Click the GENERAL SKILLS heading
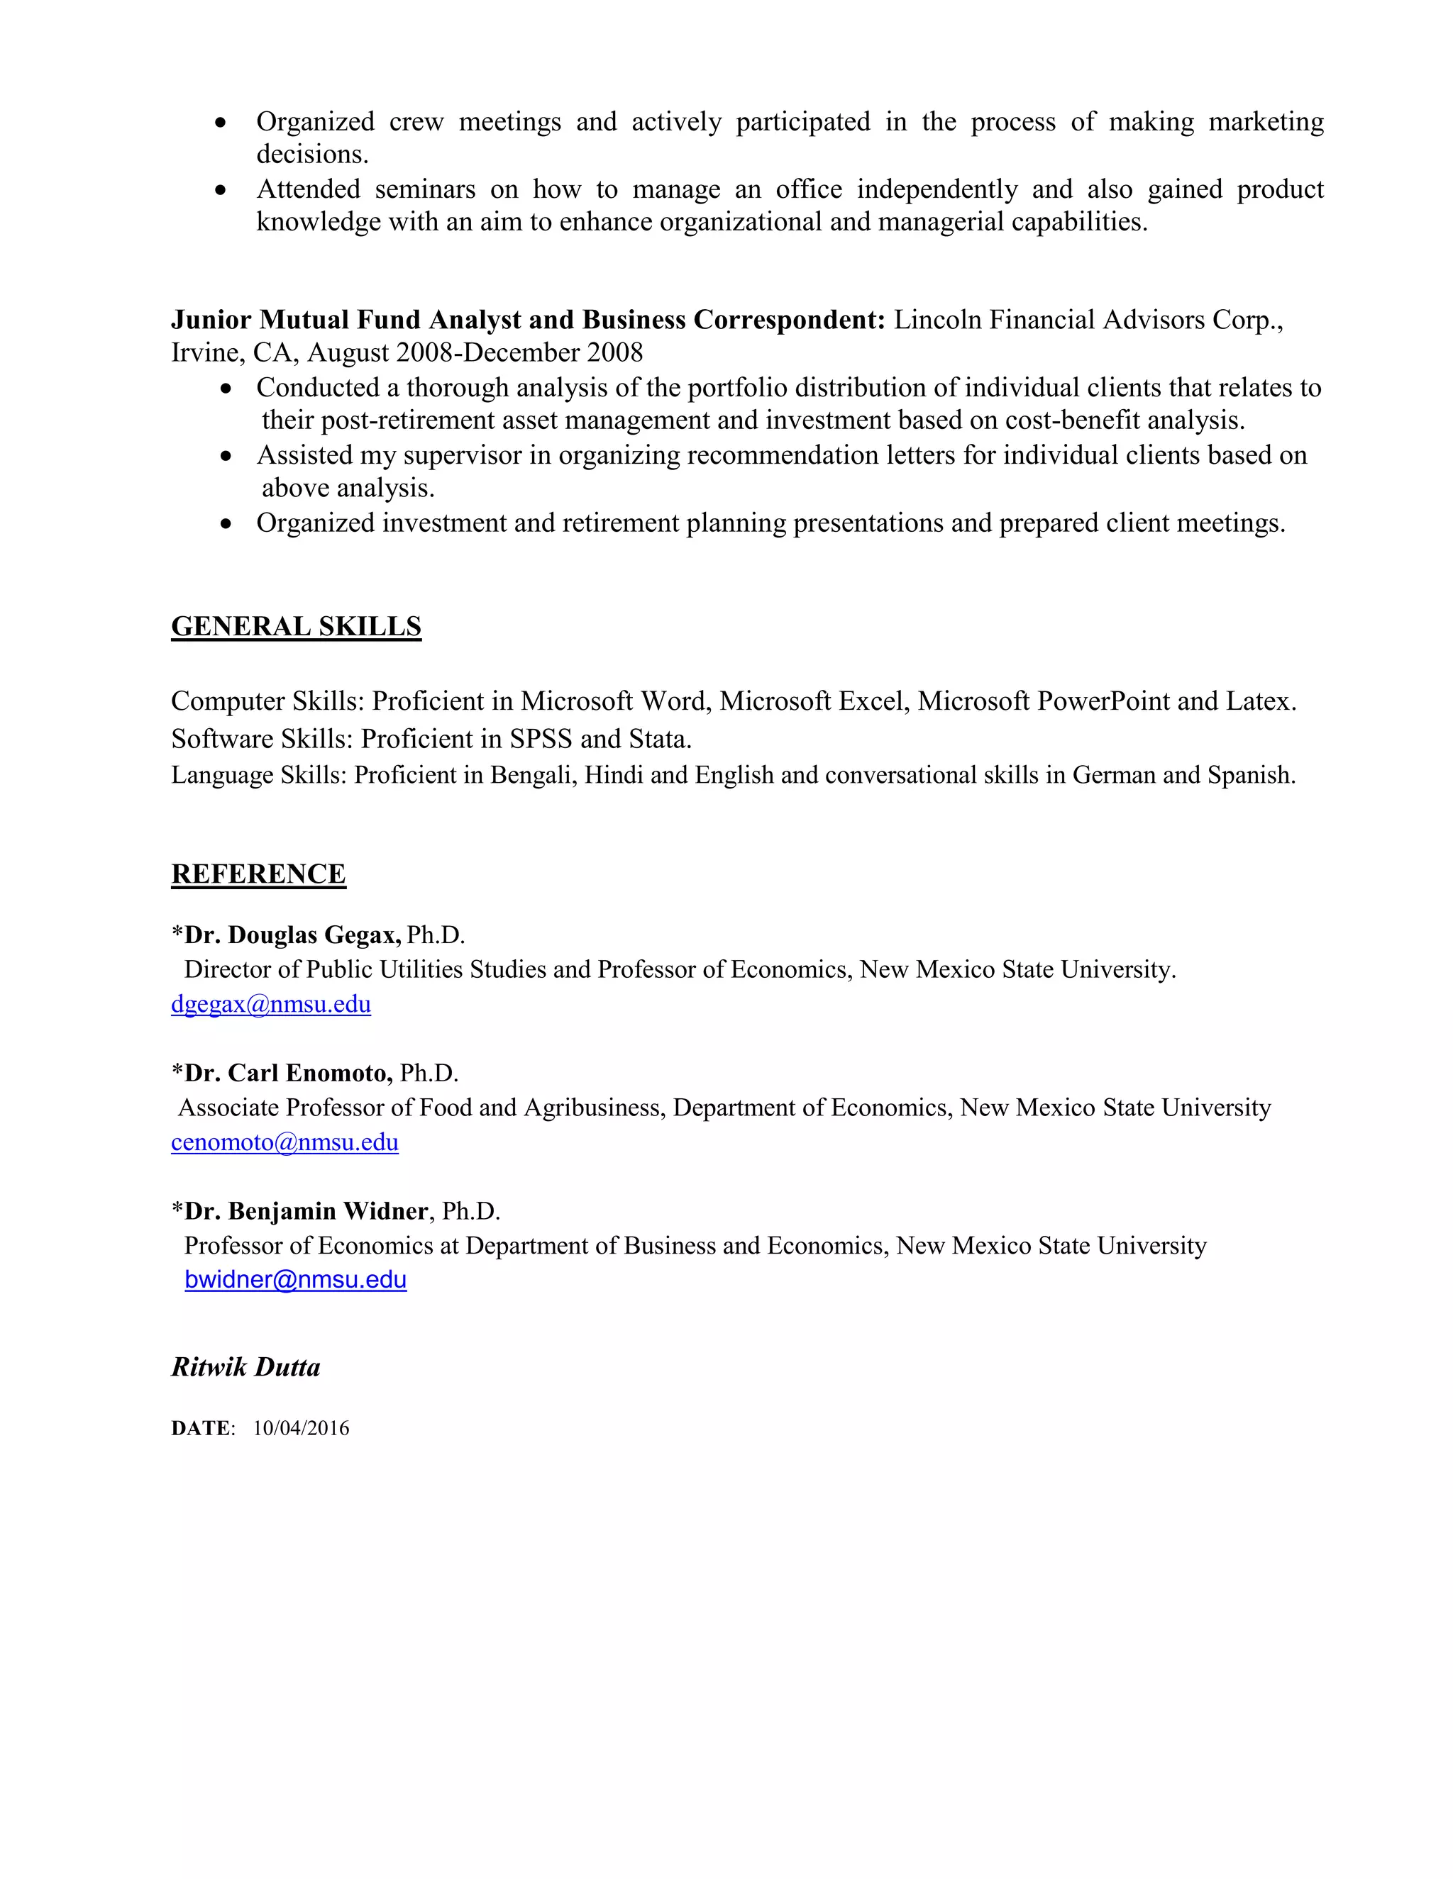[x=296, y=626]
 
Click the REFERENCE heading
[x=258, y=874]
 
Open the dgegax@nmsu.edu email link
[x=270, y=1004]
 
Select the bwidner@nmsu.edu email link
[x=295, y=1280]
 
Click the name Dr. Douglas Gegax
[x=293, y=935]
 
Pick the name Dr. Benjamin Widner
[x=306, y=1211]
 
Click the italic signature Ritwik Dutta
[x=245, y=1368]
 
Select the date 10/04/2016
[x=302, y=1429]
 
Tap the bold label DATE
[x=201, y=1429]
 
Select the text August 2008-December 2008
[x=475, y=352]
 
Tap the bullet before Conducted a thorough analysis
[x=226, y=389]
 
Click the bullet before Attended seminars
[x=221, y=190]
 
